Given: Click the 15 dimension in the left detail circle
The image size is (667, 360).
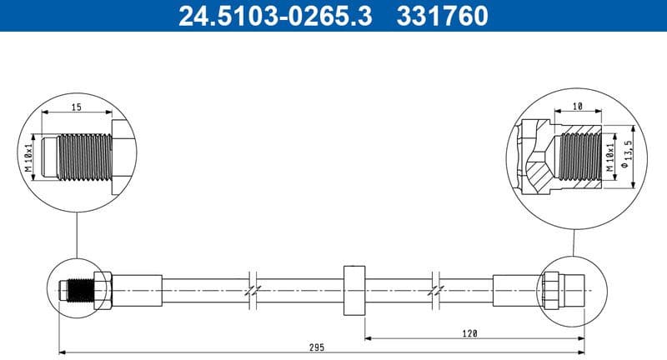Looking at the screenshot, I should [76, 106].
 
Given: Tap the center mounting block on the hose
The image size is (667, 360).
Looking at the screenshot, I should [354, 291].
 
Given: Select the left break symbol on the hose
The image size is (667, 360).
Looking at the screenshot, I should [253, 291].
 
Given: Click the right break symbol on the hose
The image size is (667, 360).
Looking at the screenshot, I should [436, 291].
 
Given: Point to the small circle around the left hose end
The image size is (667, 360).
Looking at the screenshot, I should [78, 290].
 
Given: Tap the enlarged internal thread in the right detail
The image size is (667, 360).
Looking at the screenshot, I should [581, 156].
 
